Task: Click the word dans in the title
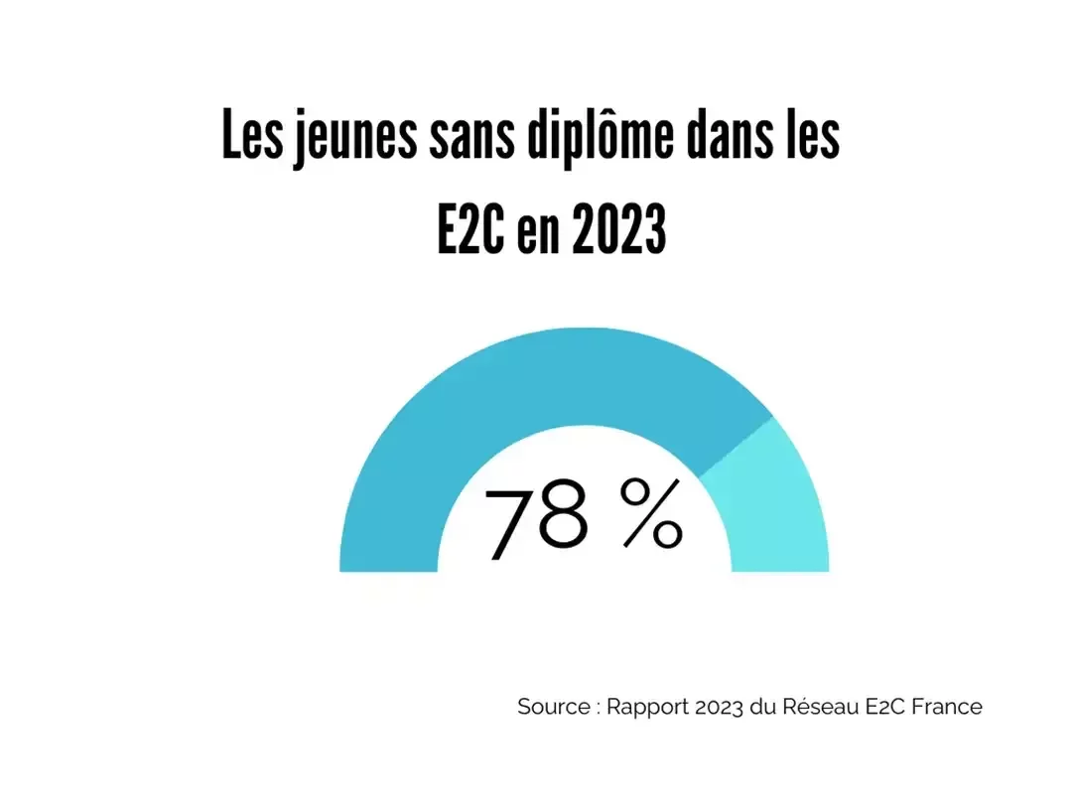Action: [x=725, y=139]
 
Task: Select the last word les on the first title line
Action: [x=812, y=139]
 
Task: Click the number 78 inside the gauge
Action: [x=536, y=519]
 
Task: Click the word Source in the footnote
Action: [x=553, y=707]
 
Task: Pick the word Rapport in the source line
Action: [x=644, y=707]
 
